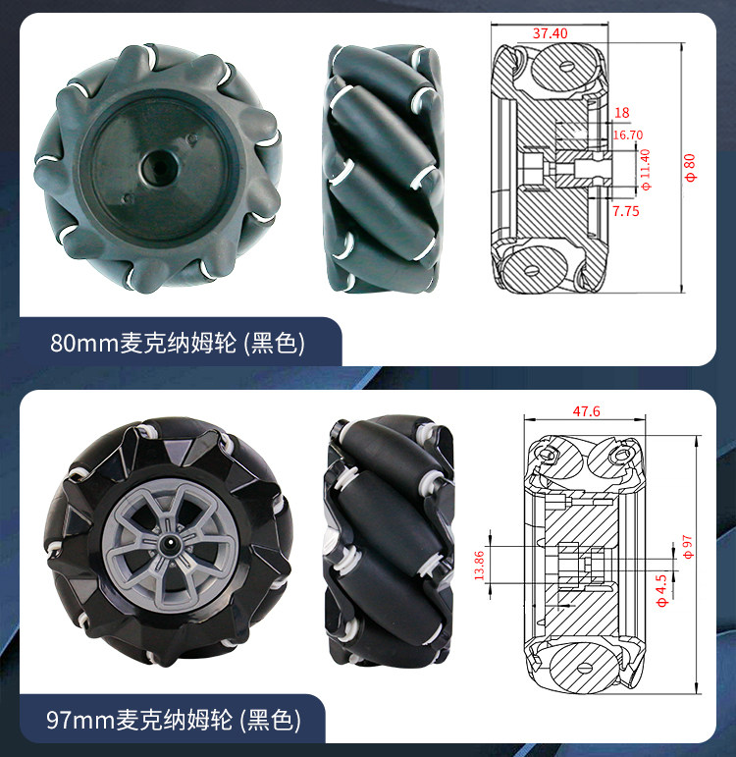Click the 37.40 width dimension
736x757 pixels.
click(550, 33)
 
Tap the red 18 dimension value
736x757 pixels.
click(621, 113)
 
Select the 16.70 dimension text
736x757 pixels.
click(627, 135)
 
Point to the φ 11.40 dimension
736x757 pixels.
click(646, 170)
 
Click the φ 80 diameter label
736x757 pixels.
click(691, 167)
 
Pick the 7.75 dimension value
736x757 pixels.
click(625, 211)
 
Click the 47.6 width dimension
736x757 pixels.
click(587, 411)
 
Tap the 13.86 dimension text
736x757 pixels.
click(479, 566)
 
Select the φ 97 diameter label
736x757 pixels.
click(689, 547)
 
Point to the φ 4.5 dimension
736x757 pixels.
click(661, 590)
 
